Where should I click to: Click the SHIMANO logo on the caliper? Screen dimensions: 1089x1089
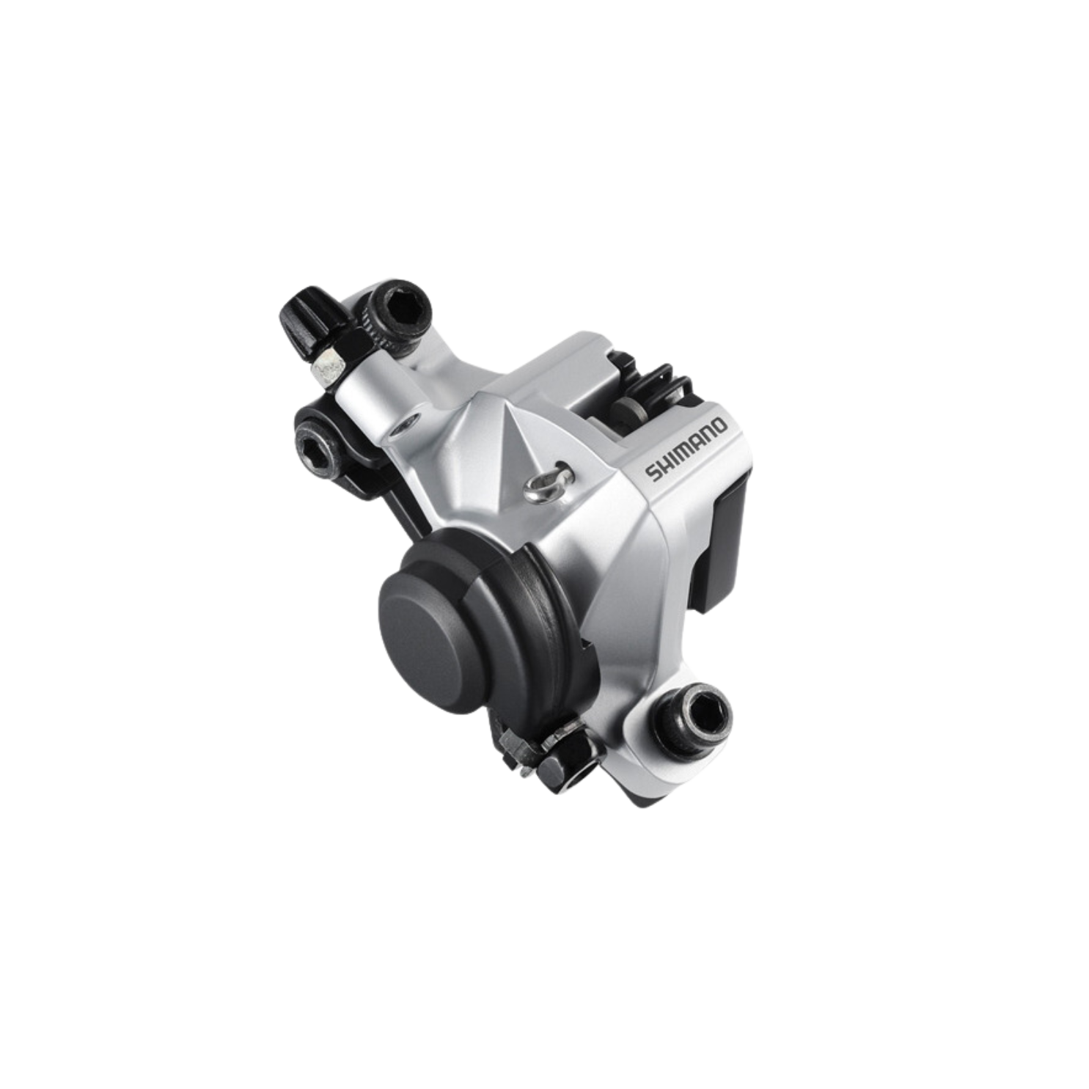(x=686, y=450)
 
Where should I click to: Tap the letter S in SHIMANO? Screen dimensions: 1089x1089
(x=650, y=475)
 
